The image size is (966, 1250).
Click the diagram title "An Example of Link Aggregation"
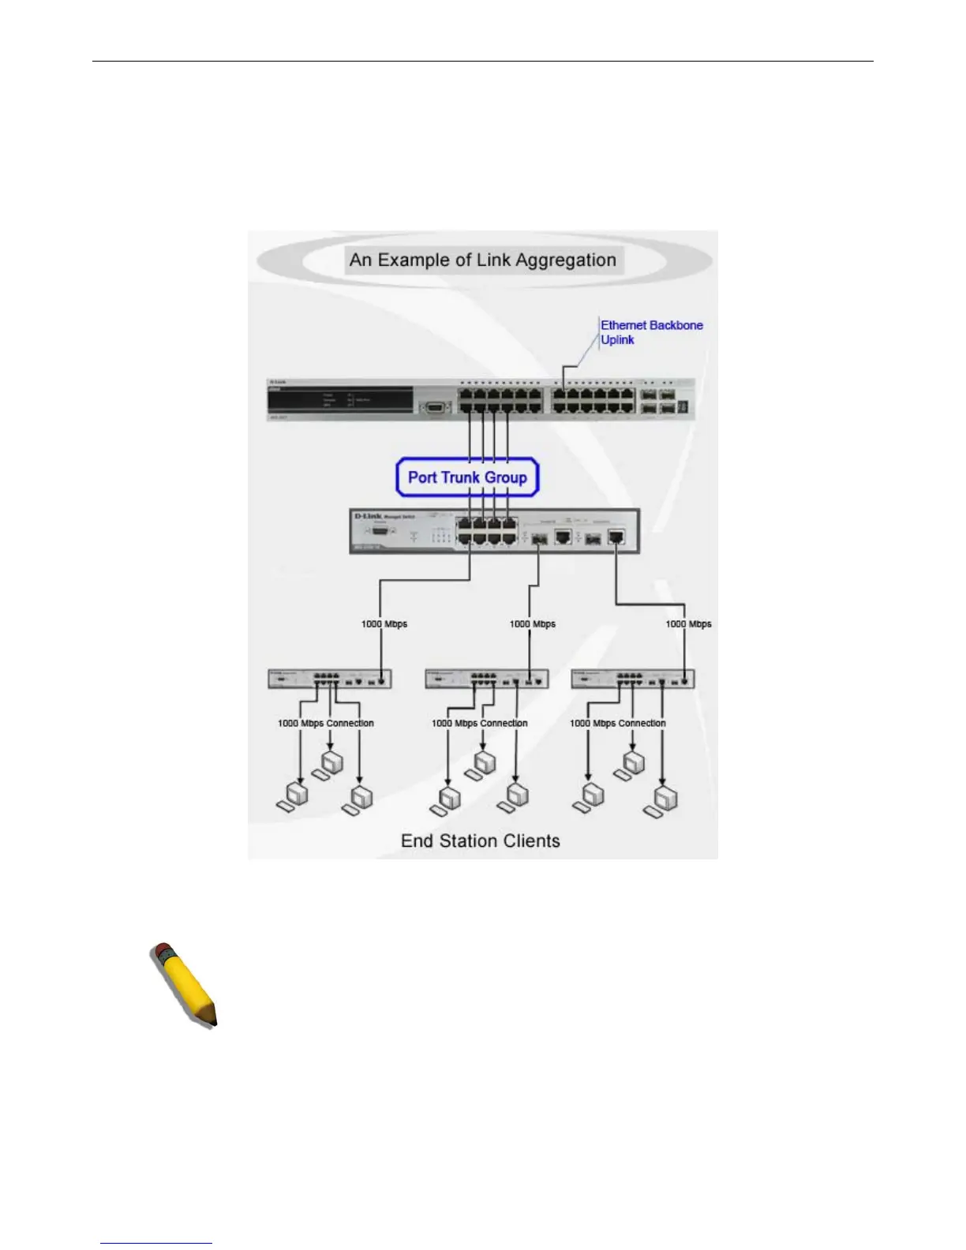(483, 260)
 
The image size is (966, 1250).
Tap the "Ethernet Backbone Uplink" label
(651, 332)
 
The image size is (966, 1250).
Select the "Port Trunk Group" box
(467, 477)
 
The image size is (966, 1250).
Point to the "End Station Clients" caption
(480, 841)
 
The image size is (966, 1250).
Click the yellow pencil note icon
(184, 984)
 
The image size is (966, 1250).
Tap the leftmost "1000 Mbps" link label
(384, 624)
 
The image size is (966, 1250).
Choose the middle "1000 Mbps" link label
(533, 624)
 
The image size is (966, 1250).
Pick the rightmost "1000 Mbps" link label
(688, 624)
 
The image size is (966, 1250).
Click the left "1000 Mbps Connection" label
(326, 723)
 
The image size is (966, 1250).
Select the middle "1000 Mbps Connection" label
(480, 723)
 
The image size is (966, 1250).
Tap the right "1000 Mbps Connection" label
(618, 723)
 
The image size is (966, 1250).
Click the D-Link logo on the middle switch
(368, 516)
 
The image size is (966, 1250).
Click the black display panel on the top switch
(340, 399)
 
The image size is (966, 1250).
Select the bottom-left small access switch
(330, 679)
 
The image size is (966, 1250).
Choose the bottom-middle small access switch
(487, 679)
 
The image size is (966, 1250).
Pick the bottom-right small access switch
(633, 679)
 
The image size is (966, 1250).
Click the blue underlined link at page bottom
(156, 1243)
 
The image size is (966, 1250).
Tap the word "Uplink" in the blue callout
(617, 340)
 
